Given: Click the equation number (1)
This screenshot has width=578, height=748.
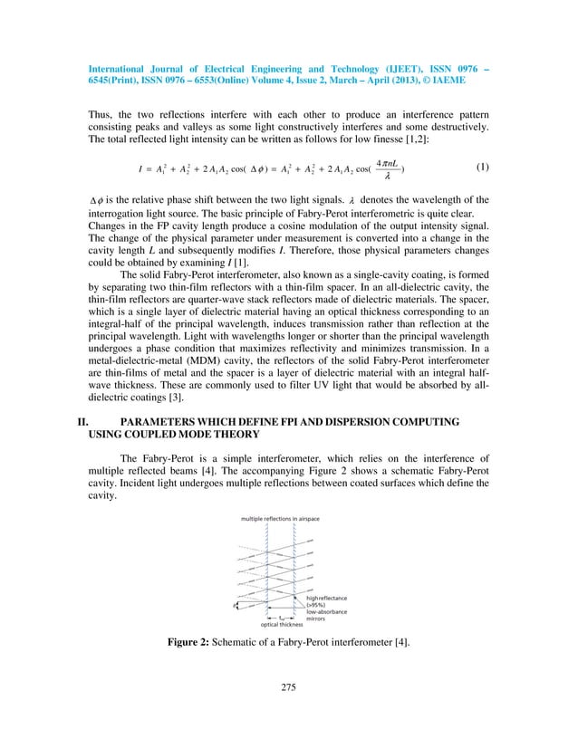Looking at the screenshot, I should [484, 167].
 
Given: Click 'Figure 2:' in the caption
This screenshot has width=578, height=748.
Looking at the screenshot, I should [193, 642].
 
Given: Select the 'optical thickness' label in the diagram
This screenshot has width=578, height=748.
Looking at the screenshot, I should [282, 625].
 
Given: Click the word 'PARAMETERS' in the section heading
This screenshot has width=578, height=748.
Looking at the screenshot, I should [163, 446].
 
